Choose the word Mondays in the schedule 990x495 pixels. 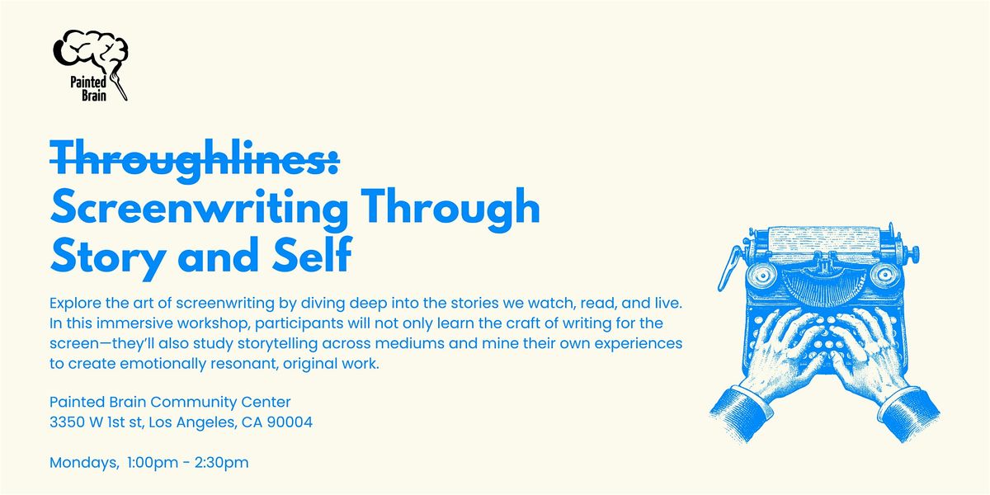coord(83,463)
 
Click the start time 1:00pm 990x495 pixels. coord(154,463)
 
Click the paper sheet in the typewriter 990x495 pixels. coord(826,243)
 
